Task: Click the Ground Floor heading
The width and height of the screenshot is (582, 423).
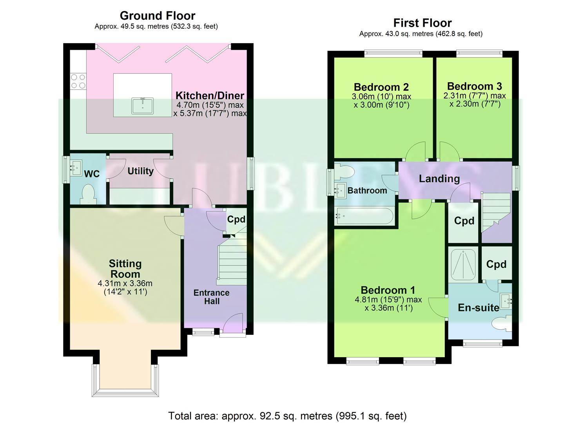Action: (x=157, y=16)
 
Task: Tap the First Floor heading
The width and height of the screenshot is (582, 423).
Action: (x=422, y=23)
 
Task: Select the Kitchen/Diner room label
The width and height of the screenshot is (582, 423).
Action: (x=210, y=95)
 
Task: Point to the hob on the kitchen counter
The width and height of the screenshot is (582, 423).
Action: (x=78, y=81)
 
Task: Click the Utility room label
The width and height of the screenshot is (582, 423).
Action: (x=140, y=171)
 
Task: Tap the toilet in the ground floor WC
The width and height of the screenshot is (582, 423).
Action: (x=88, y=194)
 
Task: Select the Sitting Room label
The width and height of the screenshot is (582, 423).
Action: (x=125, y=269)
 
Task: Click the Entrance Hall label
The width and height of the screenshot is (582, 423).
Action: (x=211, y=297)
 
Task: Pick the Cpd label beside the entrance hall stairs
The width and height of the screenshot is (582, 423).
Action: (x=236, y=219)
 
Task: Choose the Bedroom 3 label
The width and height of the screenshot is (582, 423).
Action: (x=474, y=86)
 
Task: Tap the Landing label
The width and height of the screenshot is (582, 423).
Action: (x=439, y=179)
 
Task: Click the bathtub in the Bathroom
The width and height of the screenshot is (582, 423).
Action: (x=364, y=216)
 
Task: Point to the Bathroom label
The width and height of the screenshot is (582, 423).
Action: (x=367, y=190)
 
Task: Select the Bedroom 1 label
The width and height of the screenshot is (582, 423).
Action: (x=388, y=290)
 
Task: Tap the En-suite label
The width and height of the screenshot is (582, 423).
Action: (x=479, y=307)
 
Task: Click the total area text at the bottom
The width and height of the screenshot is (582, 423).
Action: (x=287, y=416)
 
